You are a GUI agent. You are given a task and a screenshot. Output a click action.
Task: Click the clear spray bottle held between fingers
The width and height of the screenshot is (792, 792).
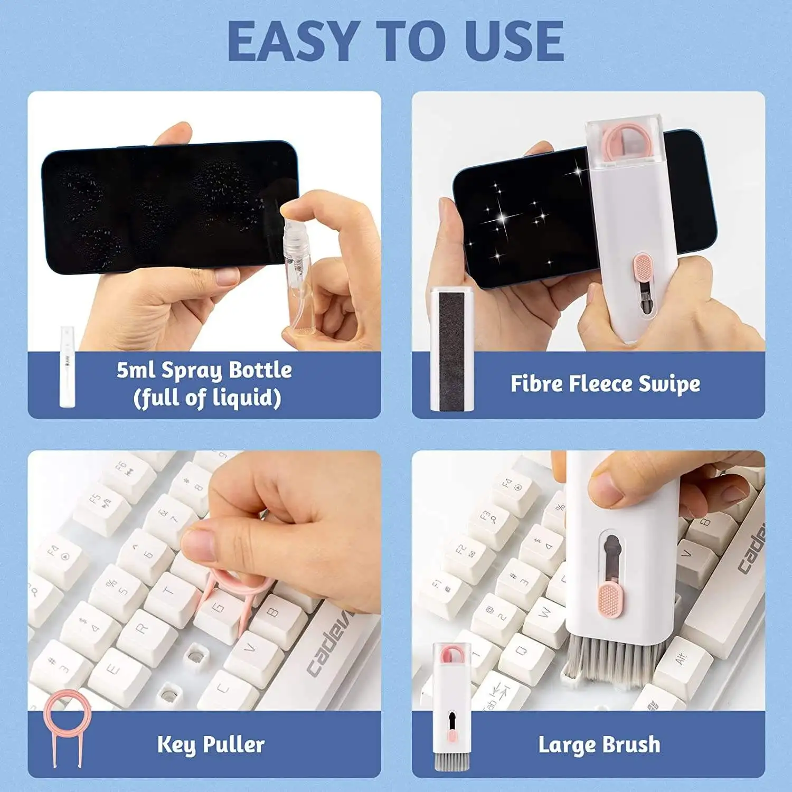pyautogui.click(x=297, y=264)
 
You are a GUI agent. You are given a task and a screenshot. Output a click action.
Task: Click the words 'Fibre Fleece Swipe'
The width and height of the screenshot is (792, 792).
pyautogui.click(x=605, y=384)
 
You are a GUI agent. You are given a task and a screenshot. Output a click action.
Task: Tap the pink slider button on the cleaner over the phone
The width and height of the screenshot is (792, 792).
pyautogui.click(x=642, y=267)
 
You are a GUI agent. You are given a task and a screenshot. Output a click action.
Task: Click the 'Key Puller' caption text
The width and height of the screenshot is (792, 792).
pyautogui.click(x=211, y=745)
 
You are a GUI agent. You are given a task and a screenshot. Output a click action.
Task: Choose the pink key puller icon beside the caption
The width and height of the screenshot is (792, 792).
pyautogui.click(x=67, y=729)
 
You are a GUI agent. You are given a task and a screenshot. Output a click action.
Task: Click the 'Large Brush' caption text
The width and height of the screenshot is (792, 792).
pyautogui.click(x=599, y=745)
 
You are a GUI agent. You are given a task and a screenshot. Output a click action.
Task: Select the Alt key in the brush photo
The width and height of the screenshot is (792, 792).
pyautogui.click(x=683, y=659)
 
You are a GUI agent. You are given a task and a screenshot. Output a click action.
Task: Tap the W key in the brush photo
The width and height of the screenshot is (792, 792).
pyautogui.click(x=544, y=615)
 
